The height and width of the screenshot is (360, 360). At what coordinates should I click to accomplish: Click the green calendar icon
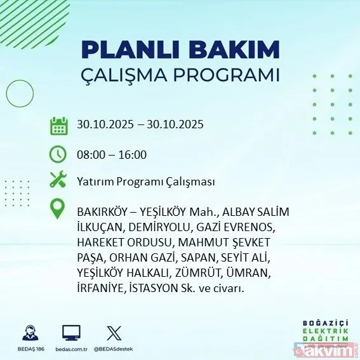(x=58, y=125)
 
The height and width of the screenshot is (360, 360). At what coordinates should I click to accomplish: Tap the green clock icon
(x=58, y=154)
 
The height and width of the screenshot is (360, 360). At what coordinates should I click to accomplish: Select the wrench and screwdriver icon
(x=58, y=180)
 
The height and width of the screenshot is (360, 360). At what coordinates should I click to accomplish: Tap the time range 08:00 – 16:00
(x=111, y=154)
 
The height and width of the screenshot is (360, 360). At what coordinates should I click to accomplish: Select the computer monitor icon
(x=71, y=333)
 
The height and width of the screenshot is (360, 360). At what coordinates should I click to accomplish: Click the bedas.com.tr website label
(x=71, y=349)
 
